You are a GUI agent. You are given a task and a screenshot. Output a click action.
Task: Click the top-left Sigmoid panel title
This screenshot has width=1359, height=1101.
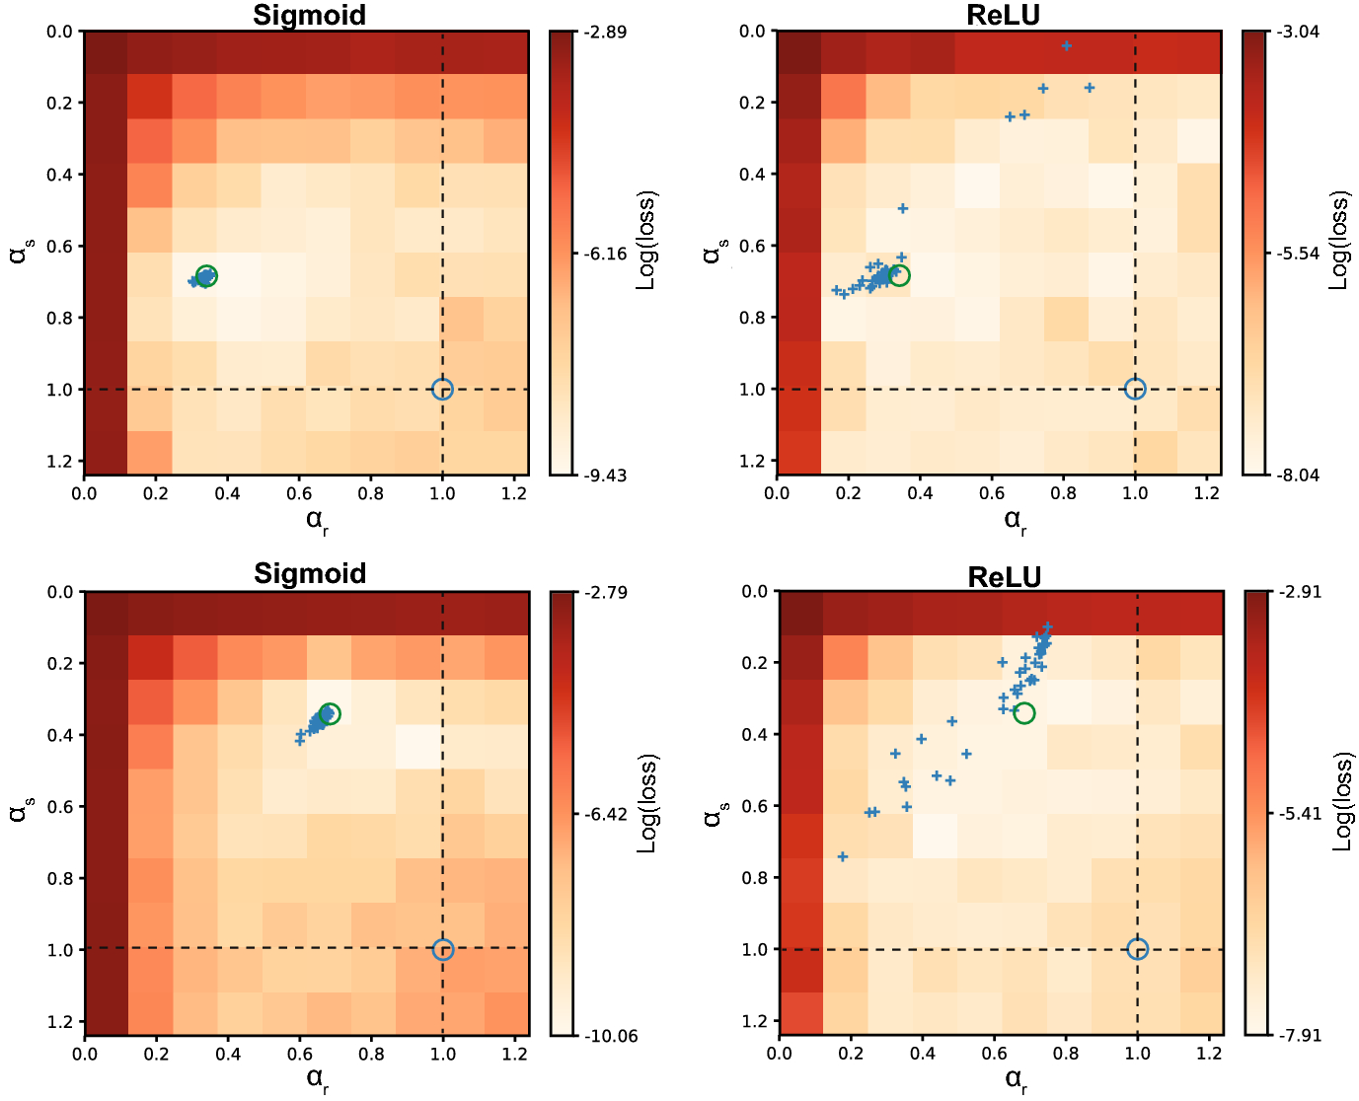coord(309,15)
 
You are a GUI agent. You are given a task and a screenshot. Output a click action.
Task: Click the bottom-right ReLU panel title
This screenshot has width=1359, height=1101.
coord(1004,576)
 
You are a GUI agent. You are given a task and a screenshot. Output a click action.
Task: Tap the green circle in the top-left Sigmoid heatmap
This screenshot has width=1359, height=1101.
coord(206,276)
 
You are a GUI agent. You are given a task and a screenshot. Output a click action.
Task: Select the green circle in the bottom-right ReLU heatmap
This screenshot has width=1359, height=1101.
coord(1024,712)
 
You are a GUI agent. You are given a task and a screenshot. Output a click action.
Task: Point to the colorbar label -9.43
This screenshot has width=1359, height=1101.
coord(605,476)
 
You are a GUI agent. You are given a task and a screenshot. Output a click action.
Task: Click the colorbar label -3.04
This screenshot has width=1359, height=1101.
coord(1298,33)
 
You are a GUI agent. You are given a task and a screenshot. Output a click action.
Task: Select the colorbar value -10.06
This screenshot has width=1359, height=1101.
coord(609,1036)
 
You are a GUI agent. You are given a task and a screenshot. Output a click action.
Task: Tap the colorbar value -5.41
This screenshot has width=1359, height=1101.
coord(1300,814)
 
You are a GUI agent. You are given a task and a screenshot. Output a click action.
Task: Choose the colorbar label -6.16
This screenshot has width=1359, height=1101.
coord(605,254)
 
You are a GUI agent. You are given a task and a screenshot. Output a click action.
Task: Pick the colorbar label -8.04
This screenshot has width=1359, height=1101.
coord(1298,476)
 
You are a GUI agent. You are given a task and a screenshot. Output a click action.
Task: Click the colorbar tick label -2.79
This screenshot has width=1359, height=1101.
coord(605,593)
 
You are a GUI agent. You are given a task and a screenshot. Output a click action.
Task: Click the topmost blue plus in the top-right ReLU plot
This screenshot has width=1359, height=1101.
coord(1066,45)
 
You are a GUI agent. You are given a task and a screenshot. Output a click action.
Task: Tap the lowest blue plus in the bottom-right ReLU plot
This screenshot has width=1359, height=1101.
coord(842,856)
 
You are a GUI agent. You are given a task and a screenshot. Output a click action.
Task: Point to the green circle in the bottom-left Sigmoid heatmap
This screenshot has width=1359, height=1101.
coord(330,713)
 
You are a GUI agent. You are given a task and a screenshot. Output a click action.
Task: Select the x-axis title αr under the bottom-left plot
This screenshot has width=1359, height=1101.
coord(317,1077)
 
